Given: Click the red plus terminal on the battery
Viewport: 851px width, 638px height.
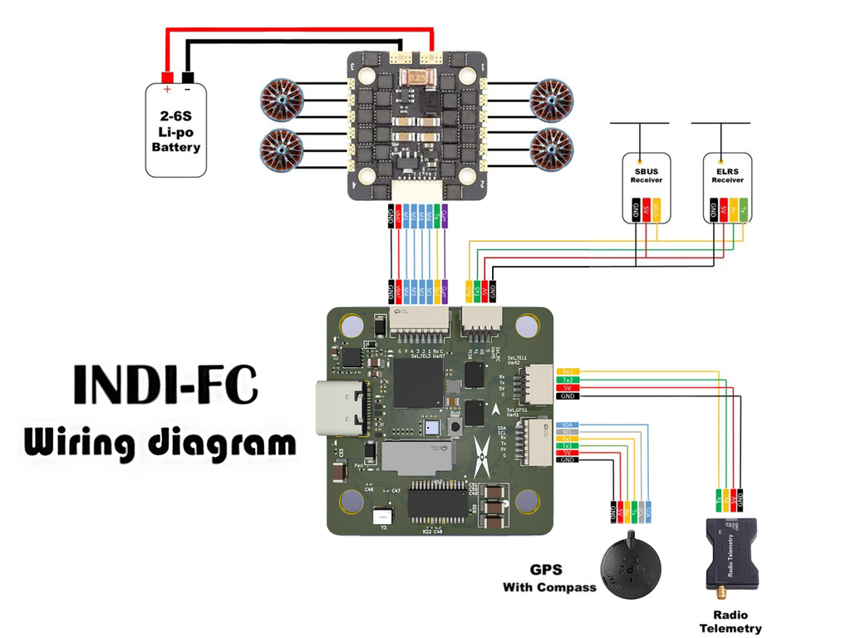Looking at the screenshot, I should [x=168, y=77].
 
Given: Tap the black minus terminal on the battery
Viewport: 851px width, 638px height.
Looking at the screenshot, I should [x=187, y=77].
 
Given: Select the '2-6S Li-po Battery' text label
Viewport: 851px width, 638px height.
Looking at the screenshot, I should [x=176, y=132].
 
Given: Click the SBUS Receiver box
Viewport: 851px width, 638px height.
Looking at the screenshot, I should [x=646, y=187].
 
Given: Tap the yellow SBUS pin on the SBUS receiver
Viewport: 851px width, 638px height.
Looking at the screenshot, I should [x=657, y=210].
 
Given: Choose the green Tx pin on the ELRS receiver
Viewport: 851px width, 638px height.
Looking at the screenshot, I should [x=744, y=209].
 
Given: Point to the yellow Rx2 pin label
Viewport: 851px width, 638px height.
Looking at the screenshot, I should [x=568, y=371].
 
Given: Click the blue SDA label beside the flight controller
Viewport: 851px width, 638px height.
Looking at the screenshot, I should [x=568, y=425].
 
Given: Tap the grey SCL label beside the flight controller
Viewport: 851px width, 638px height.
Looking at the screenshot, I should [x=568, y=432].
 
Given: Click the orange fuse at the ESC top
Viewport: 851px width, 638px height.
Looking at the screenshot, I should [x=418, y=78].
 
